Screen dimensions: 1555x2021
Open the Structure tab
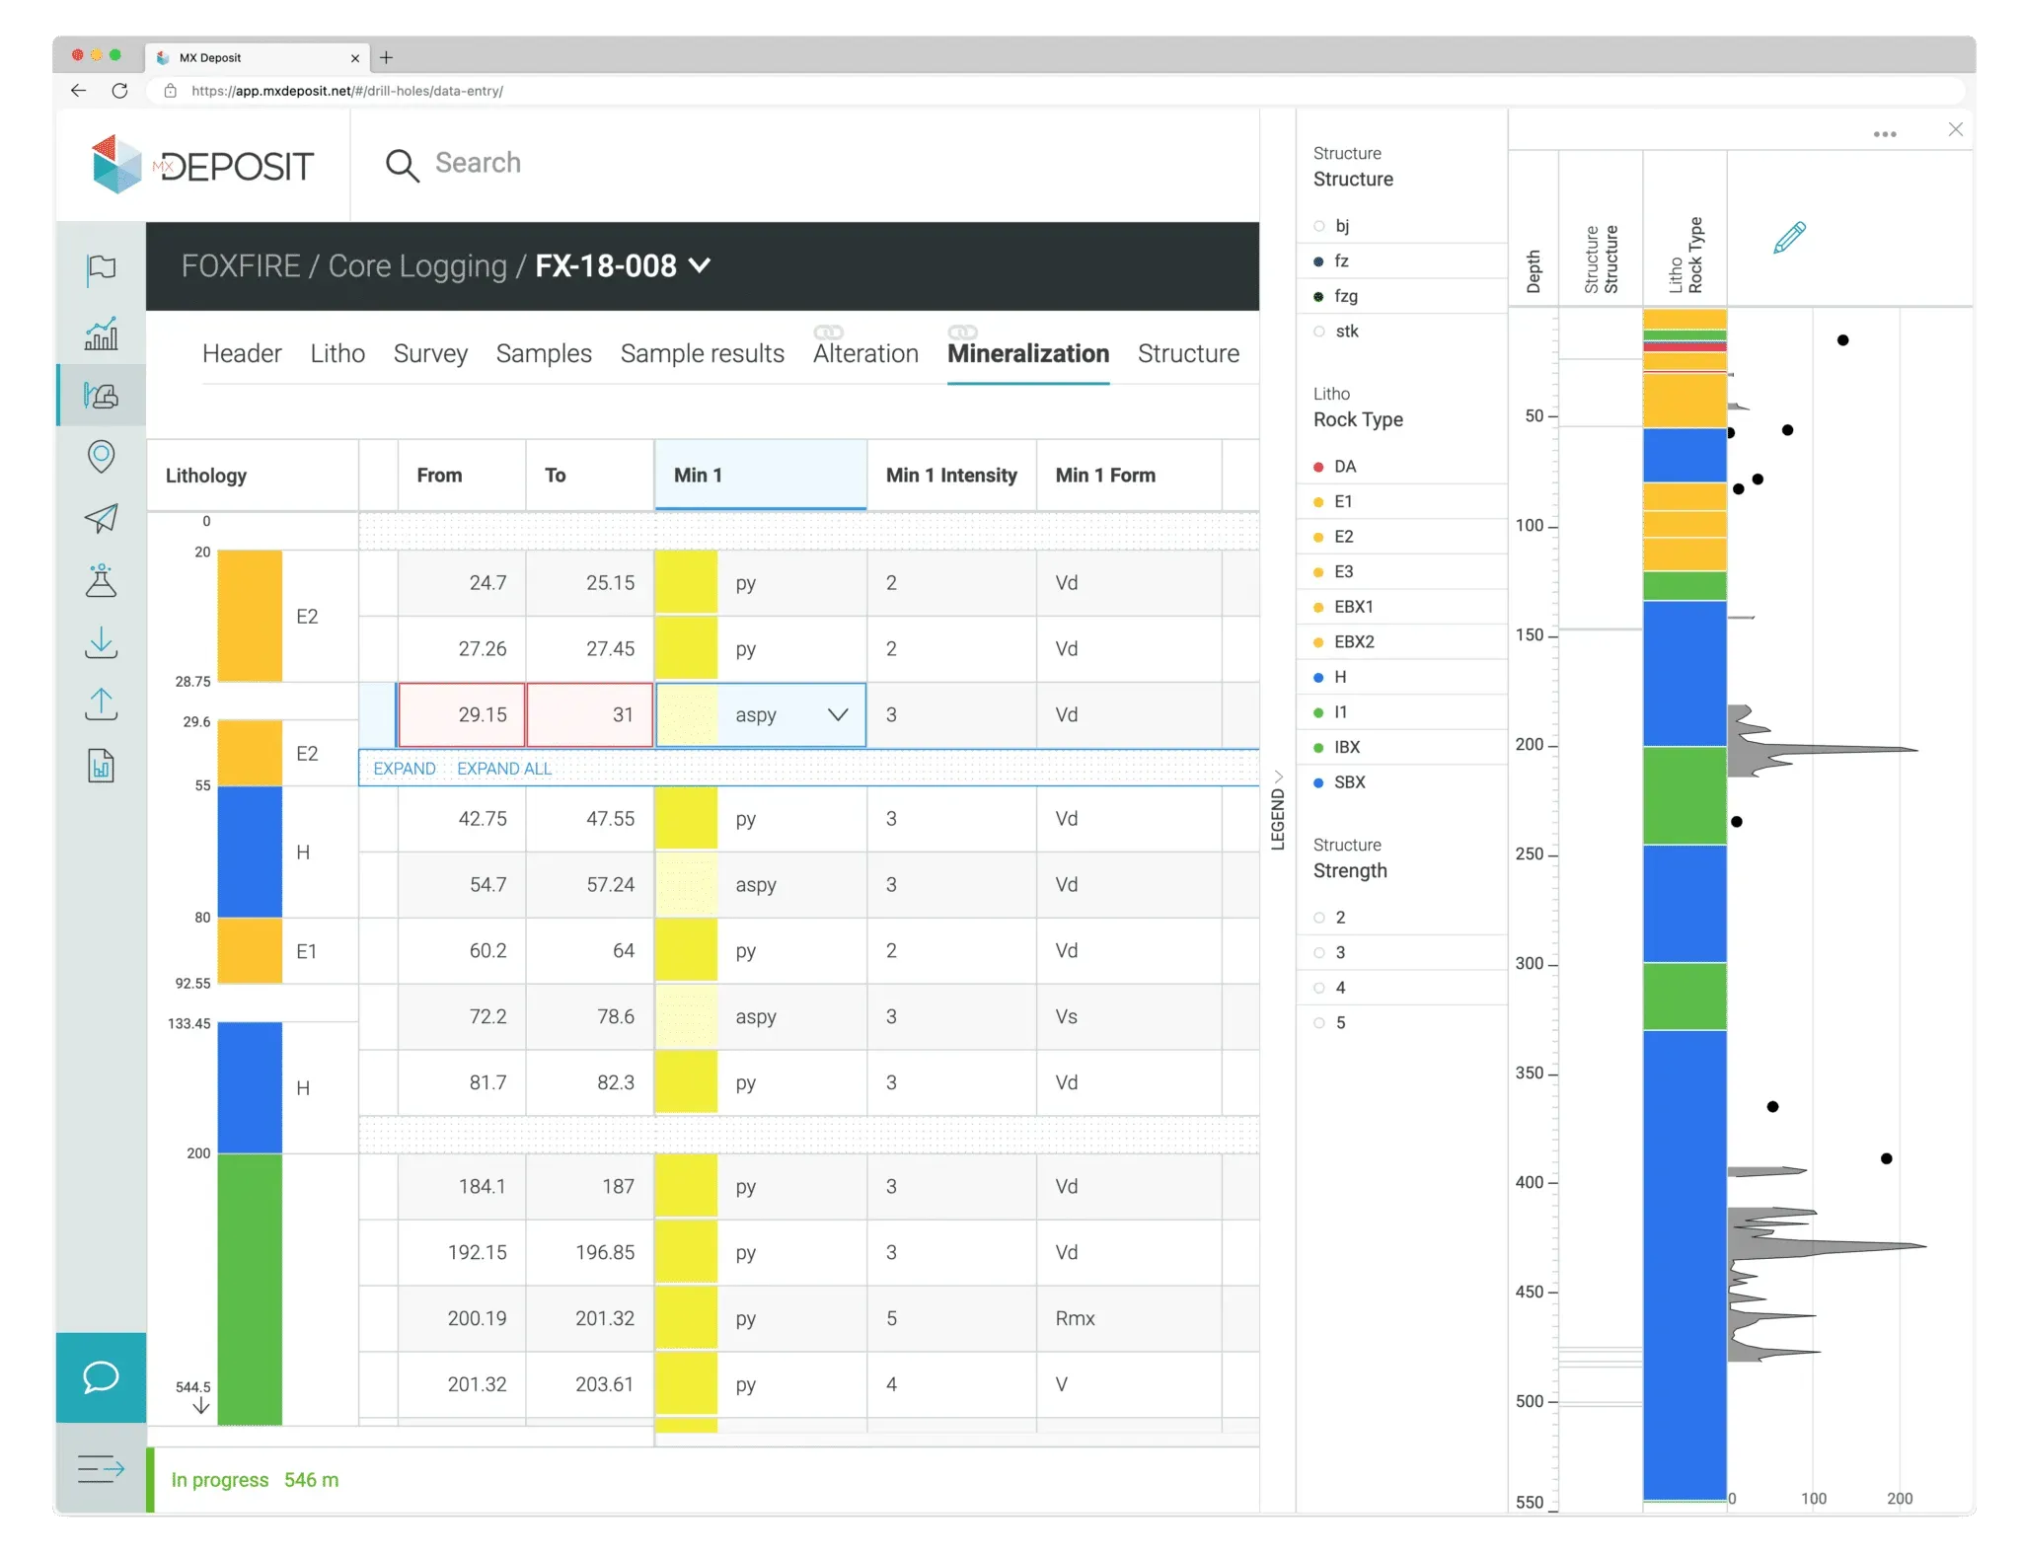click(x=1188, y=353)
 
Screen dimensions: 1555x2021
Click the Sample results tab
click(x=702, y=353)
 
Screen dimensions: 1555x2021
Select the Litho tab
click(x=337, y=353)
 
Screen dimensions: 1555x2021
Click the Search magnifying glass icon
click(x=402, y=165)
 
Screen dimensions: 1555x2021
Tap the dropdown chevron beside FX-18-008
click(x=700, y=265)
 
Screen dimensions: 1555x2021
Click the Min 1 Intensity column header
click(x=951, y=476)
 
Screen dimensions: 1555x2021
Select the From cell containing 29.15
click(x=462, y=714)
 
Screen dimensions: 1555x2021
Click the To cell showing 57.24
click(x=590, y=884)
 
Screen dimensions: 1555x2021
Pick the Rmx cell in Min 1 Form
click(x=1075, y=1318)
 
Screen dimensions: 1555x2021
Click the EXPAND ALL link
click(x=504, y=769)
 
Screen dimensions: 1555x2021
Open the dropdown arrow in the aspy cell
click(x=838, y=714)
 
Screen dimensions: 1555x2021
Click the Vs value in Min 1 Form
click(x=1067, y=1016)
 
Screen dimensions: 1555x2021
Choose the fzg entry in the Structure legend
click(x=1345, y=296)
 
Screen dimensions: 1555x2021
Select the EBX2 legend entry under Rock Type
click(x=1353, y=641)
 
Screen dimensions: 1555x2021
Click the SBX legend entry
click(x=1349, y=782)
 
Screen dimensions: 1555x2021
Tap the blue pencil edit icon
click(x=1789, y=238)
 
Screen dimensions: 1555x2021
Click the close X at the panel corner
click(x=1955, y=129)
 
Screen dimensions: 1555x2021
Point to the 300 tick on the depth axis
click(x=1531, y=963)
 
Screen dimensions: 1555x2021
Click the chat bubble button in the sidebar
click(x=101, y=1376)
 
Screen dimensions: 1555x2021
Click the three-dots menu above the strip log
click(x=1885, y=134)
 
